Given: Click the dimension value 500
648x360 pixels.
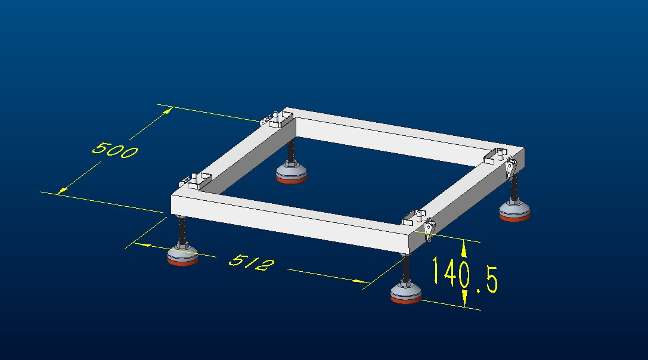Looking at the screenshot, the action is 114,150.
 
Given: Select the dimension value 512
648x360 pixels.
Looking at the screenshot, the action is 251,262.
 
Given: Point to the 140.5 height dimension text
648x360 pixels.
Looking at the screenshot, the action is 465,275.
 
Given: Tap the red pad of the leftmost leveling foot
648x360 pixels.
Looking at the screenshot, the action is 182,261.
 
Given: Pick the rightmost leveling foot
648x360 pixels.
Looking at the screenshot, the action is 514,210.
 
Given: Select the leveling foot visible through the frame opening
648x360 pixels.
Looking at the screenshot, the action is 292,172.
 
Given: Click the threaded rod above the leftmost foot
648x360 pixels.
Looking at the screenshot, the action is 182,231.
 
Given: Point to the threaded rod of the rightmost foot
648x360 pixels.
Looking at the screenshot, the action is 514,188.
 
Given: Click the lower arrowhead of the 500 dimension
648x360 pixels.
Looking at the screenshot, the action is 62,190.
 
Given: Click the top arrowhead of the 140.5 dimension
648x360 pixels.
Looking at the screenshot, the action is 464,249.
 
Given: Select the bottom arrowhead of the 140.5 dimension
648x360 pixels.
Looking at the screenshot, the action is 464,299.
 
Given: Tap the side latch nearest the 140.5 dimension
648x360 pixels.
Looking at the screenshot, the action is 430,228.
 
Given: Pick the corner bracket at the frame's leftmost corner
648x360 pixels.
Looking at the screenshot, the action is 195,181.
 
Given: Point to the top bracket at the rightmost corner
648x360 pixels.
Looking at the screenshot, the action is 495,155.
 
